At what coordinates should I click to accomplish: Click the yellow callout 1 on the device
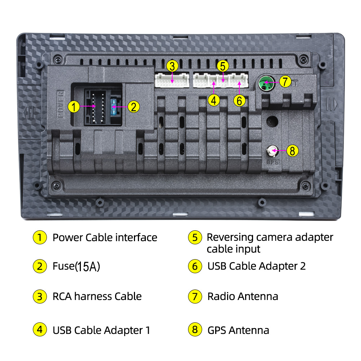74,106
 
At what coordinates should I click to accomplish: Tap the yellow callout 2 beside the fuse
134,106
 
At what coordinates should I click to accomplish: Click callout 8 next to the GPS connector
292,151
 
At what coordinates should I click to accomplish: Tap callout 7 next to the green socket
285,82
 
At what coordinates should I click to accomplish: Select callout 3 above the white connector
173,66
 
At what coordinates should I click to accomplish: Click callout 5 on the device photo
223,66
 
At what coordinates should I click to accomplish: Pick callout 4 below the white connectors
214,100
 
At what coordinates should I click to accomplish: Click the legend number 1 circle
40,238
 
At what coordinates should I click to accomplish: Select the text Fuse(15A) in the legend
76,266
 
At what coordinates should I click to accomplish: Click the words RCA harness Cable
97,296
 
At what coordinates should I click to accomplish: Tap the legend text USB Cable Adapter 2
256,266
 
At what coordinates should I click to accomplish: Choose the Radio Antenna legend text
243,296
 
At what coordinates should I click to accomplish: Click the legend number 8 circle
195,330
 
